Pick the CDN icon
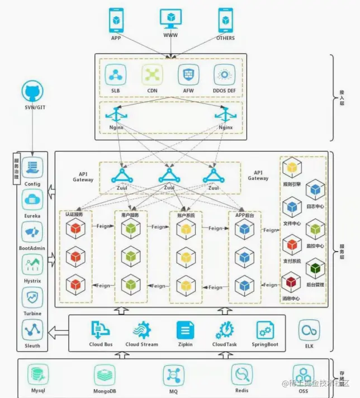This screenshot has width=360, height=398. coord(151,74)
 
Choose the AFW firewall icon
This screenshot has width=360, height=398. coord(188,74)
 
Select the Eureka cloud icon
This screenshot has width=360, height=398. coord(32,199)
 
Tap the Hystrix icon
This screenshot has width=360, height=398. coord(32,264)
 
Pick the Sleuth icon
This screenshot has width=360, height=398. coord(32,330)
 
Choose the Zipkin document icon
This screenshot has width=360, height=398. coord(185,330)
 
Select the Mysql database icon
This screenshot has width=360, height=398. coord(38,374)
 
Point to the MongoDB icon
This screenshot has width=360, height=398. coord(105,374)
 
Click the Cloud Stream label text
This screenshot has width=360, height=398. coord(141,345)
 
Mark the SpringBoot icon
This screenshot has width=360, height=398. coord(265,330)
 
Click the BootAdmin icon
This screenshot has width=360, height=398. coord(32,231)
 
